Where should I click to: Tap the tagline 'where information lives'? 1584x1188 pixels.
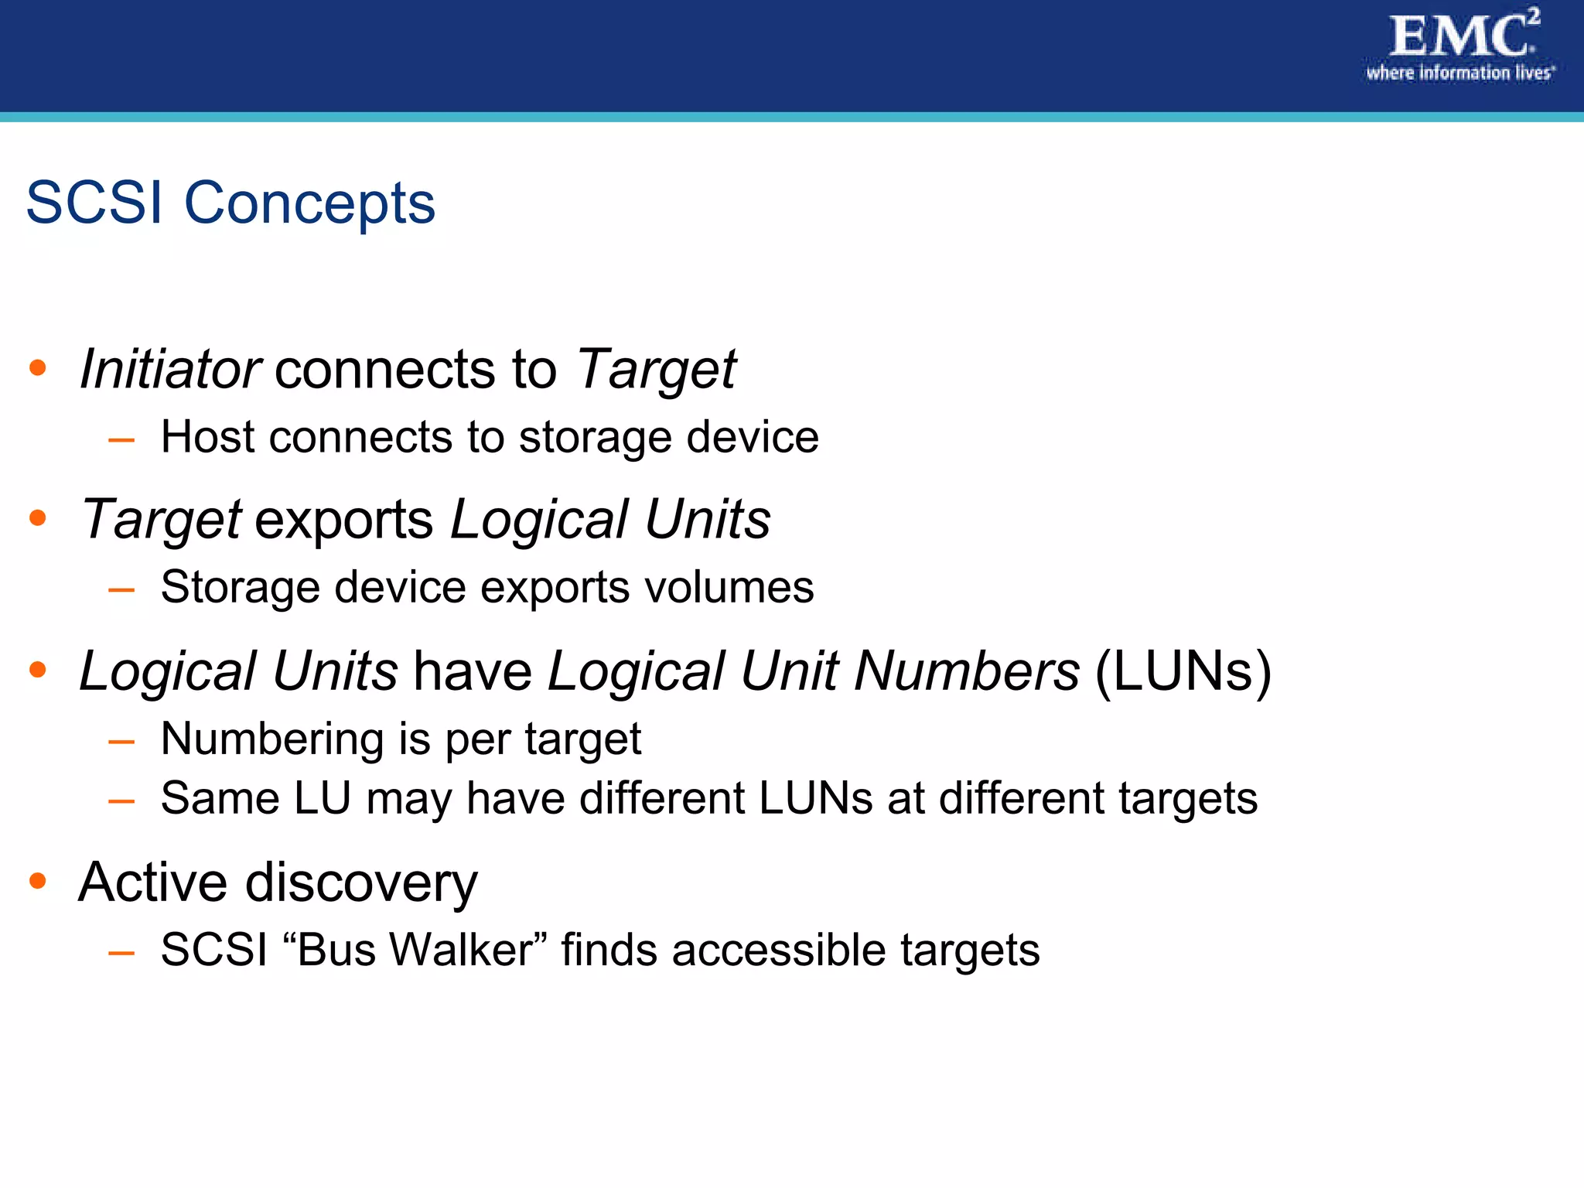tap(1459, 73)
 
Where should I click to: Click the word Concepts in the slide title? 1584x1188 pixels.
tap(309, 203)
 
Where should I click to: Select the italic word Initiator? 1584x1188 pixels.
tap(170, 369)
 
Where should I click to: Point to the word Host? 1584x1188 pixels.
tap(207, 437)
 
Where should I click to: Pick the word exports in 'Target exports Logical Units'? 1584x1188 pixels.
tap(343, 520)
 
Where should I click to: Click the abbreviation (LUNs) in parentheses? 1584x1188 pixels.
tap(1183, 671)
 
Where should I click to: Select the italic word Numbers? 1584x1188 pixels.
tap(966, 671)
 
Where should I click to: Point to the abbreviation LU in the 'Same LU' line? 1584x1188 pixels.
tap(323, 798)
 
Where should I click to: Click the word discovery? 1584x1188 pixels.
tap(361, 883)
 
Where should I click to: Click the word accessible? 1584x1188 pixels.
tap(778, 950)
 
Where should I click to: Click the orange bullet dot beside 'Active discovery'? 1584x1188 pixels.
tap(37, 880)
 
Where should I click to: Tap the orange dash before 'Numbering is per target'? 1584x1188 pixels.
tap(121, 742)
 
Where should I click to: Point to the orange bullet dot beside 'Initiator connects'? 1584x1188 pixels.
tap(37, 367)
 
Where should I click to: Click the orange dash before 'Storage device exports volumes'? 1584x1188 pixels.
tap(121, 591)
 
